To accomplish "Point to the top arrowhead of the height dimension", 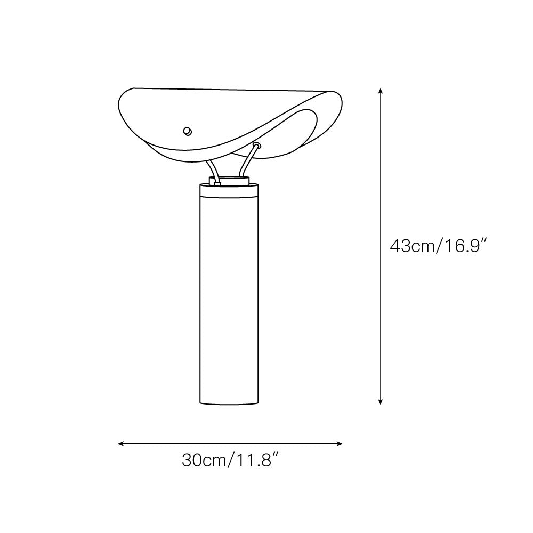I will coord(380,91).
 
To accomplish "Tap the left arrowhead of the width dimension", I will coord(120,443).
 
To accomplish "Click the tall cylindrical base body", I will coord(230,298).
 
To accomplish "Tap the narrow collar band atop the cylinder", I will coord(230,190).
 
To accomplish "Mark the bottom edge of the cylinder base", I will coord(230,403).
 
